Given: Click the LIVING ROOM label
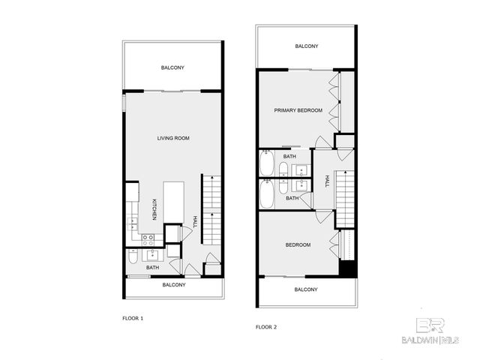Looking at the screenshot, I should point(172,138).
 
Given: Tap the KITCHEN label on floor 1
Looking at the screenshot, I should point(154,210).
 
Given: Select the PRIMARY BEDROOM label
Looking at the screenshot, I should point(297,110).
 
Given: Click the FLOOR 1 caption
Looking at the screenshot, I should point(133,319).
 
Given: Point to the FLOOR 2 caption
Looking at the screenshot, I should point(266,327).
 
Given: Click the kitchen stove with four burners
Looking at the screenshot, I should point(148,240).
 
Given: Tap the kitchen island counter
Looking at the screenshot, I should point(173,202).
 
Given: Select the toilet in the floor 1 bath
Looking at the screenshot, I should point(132,258).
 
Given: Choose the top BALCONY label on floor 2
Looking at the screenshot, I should point(306,46).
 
